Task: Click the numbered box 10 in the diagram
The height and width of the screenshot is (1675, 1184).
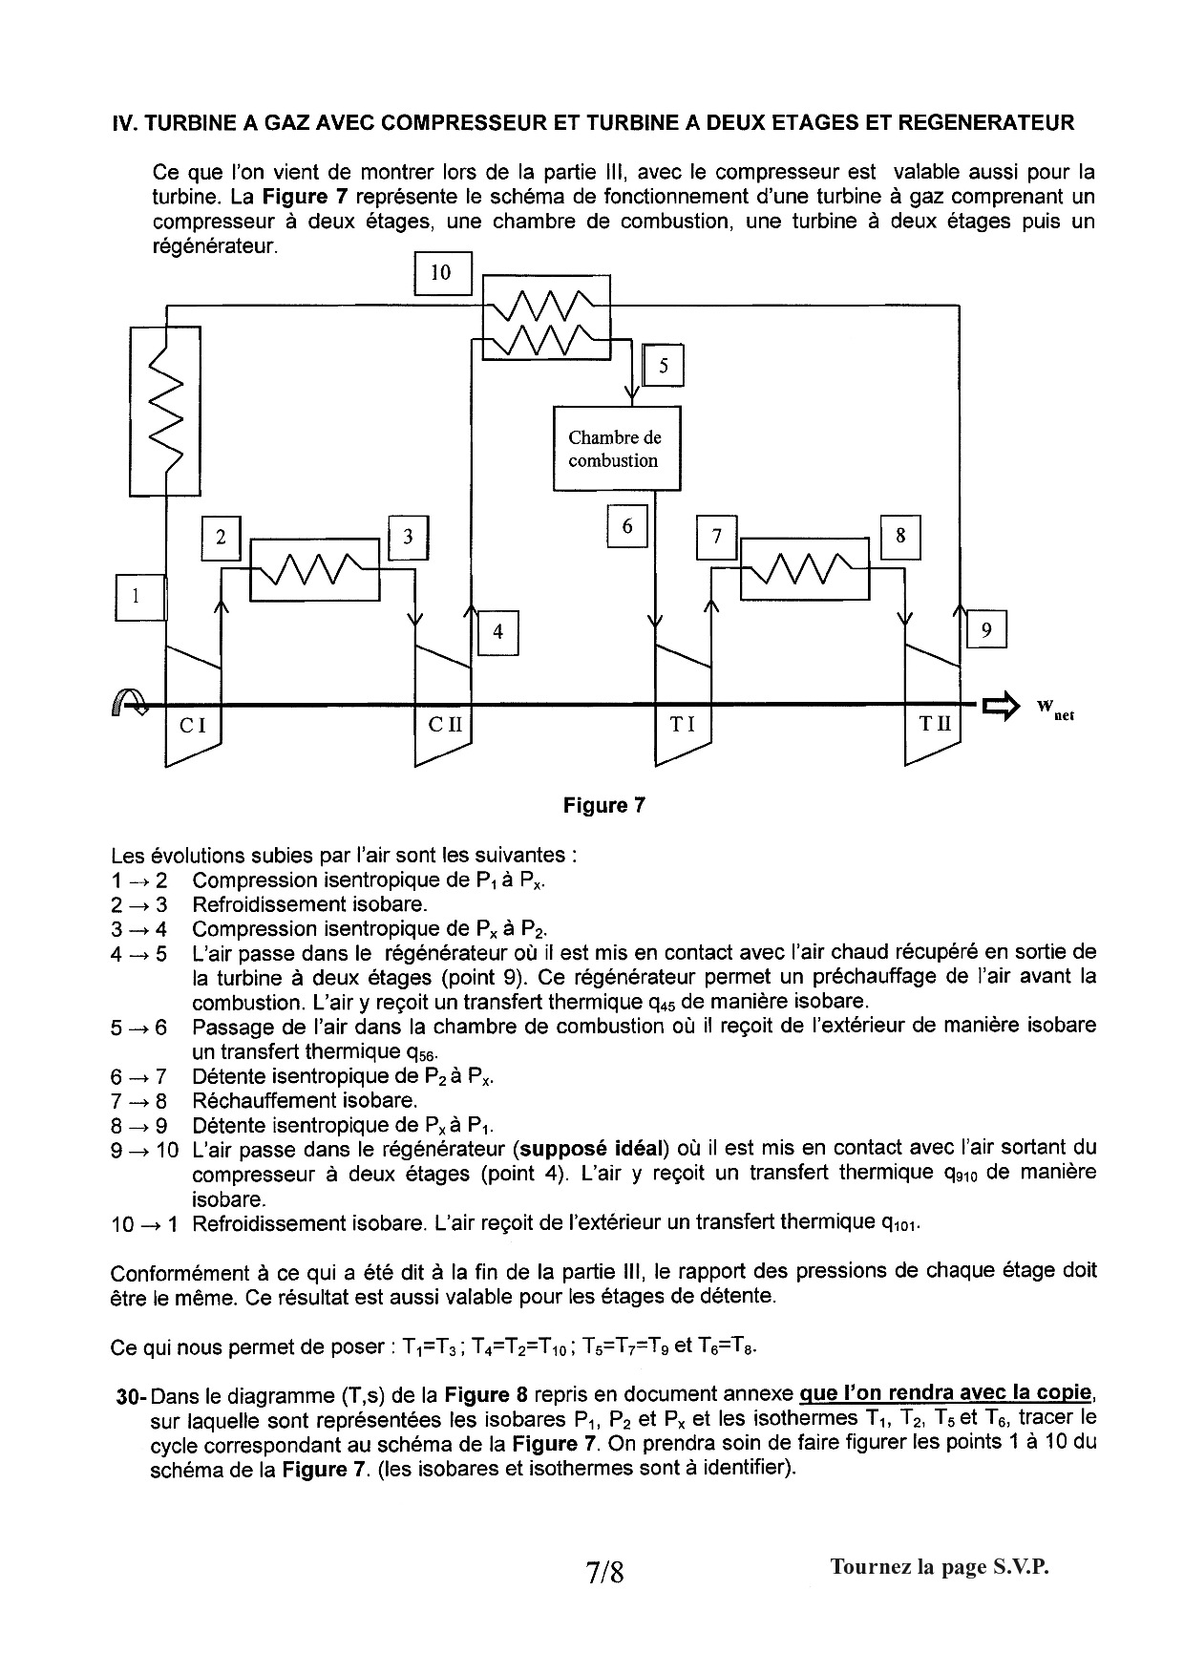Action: [441, 273]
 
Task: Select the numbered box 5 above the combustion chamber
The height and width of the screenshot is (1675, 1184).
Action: [664, 365]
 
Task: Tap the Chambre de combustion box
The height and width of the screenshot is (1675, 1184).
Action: [617, 449]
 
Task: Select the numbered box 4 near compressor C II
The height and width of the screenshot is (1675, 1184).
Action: [497, 631]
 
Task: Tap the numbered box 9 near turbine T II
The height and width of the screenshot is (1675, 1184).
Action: [986, 629]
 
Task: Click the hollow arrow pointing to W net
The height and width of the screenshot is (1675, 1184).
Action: [1001, 708]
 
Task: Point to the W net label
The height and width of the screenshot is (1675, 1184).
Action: [1055, 709]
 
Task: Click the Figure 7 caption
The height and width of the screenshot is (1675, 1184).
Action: [604, 805]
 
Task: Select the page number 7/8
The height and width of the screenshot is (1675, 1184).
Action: [605, 1571]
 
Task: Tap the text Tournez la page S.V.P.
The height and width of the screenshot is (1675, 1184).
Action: [940, 1567]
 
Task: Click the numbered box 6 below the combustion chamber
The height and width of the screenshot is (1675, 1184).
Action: [627, 526]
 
